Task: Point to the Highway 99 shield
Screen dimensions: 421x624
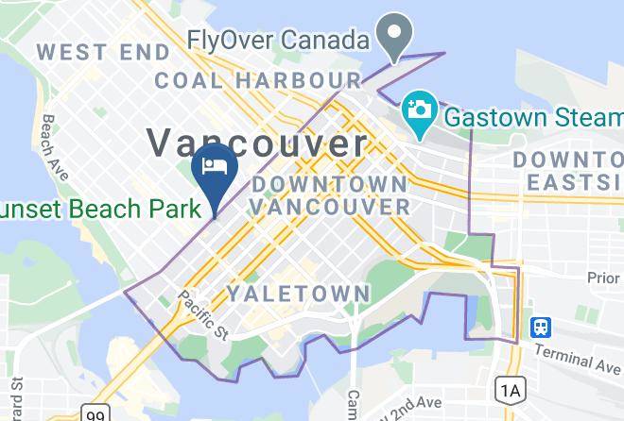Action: click(x=95, y=413)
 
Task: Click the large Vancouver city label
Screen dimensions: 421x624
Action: click(x=256, y=143)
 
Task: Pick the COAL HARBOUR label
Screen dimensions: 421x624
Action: click(x=257, y=80)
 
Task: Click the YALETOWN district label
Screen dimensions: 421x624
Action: click(x=298, y=294)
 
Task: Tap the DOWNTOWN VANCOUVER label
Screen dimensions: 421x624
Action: click(x=329, y=194)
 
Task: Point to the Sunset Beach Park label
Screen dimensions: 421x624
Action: click(x=100, y=207)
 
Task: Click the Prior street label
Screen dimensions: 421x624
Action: click(x=604, y=278)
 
